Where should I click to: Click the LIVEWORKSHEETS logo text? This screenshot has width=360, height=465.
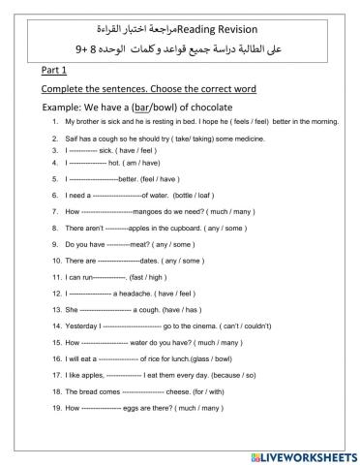306,453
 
